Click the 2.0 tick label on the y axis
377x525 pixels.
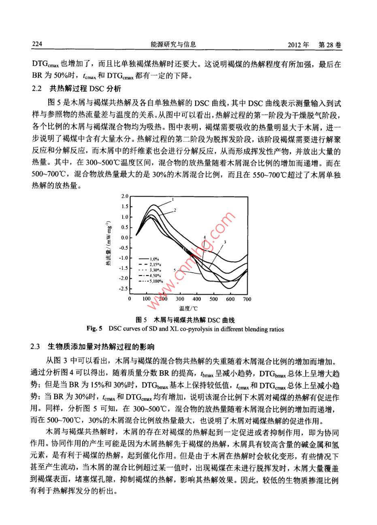125,196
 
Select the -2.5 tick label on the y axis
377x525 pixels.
123,289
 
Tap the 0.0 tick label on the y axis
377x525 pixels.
124,237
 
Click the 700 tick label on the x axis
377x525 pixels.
247,299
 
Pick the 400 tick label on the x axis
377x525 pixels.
196,299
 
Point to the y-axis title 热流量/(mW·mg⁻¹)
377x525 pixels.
109,243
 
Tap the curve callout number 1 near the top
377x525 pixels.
173,200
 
